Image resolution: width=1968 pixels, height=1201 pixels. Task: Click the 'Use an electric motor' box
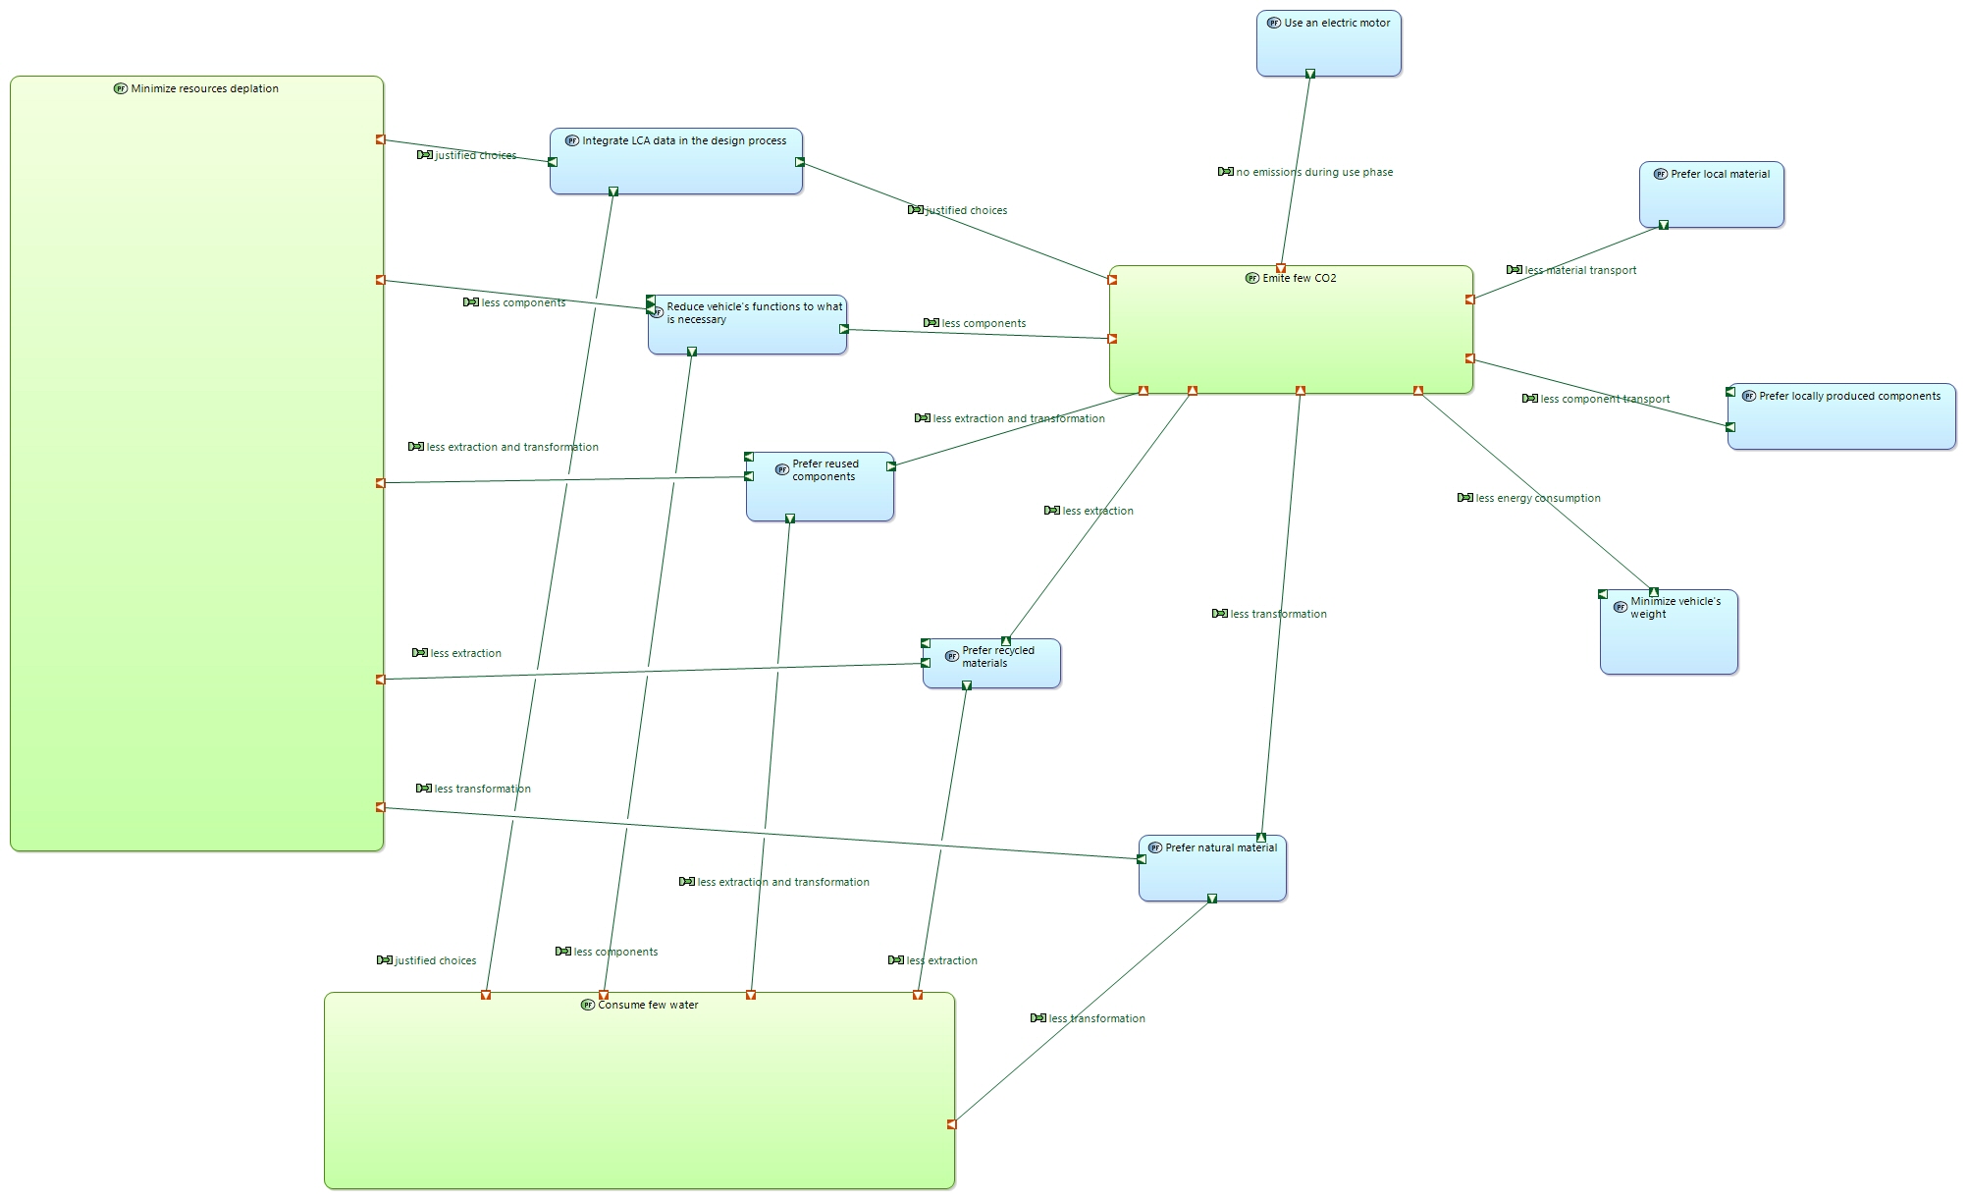point(1329,43)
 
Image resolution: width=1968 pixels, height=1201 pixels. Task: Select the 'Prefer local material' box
point(1712,194)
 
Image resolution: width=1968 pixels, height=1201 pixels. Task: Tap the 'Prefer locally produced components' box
point(1841,416)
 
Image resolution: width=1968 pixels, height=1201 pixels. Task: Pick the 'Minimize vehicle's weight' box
point(1669,631)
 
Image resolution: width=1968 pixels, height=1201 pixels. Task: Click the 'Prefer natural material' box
point(1212,868)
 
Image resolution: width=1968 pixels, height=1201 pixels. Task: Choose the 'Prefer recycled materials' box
point(991,664)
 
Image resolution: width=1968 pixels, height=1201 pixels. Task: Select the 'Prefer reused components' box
point(820,487)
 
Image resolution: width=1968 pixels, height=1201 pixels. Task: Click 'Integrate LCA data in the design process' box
point(676,161)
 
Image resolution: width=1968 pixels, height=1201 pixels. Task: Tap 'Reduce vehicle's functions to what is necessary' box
point(747,325)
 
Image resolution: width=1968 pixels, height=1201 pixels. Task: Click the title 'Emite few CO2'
point(1300,278)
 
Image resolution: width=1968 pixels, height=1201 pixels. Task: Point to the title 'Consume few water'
point(648,1005)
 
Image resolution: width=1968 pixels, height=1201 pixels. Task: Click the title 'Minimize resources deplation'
point(204,88)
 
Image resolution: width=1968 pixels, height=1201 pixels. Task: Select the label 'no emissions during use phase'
point(1314,172)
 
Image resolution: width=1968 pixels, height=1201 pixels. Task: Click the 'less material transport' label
point(1580,270)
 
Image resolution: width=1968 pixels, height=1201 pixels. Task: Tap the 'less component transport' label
point(1605,399)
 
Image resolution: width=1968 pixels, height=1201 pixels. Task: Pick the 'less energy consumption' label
point(1538,498)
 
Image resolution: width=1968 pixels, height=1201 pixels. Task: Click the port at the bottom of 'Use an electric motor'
point(1310,74)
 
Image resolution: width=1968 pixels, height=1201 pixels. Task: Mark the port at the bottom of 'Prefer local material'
point(1664,225)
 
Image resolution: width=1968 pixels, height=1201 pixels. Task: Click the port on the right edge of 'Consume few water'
point(951,1124)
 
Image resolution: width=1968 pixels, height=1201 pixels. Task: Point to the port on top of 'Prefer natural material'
point(1261,838)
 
